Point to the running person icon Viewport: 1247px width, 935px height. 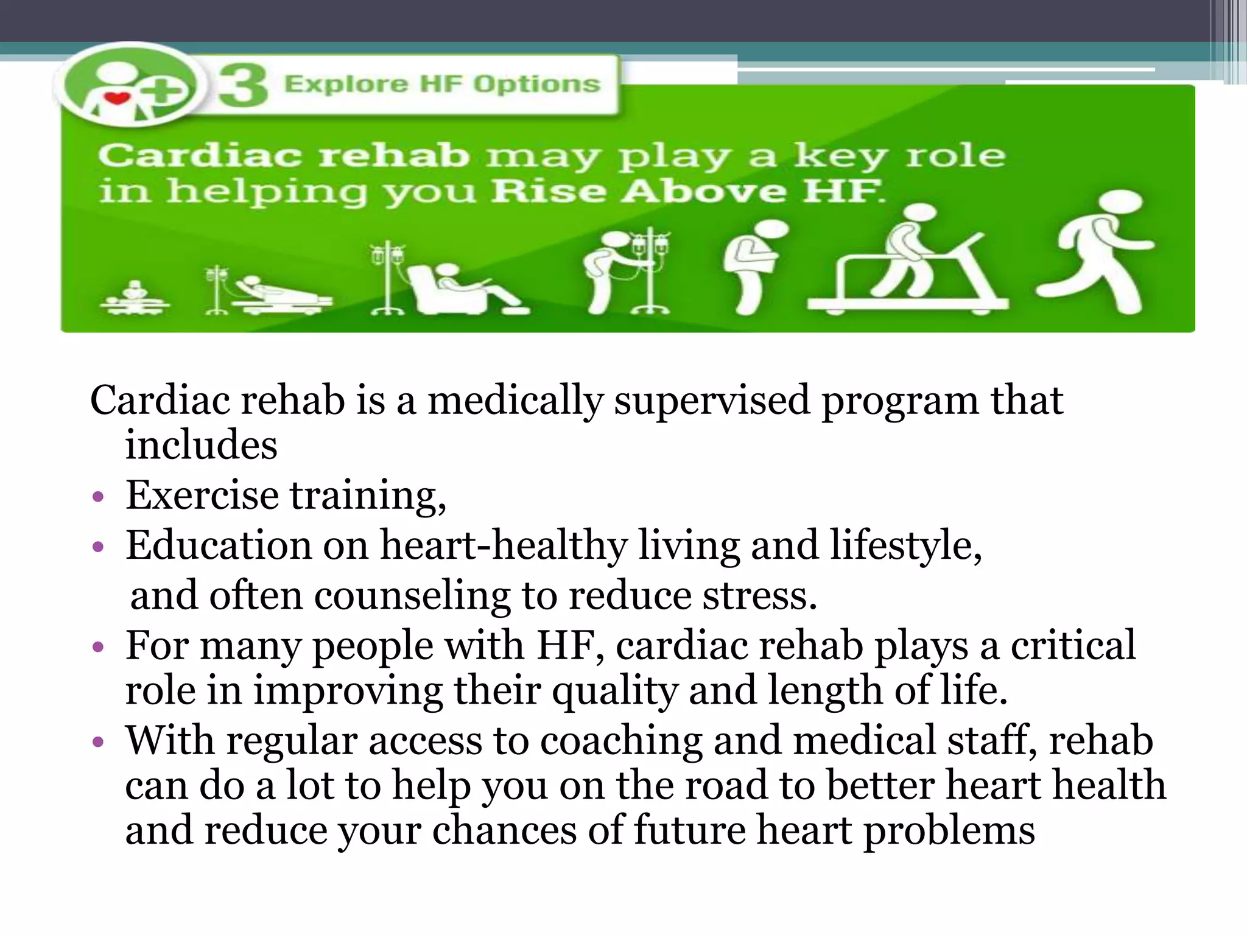1096,253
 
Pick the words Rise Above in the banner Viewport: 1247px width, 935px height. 639,191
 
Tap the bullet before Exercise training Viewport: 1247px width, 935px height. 98,497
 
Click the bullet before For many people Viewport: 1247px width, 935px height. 98,646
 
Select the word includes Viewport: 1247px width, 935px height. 202,445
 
